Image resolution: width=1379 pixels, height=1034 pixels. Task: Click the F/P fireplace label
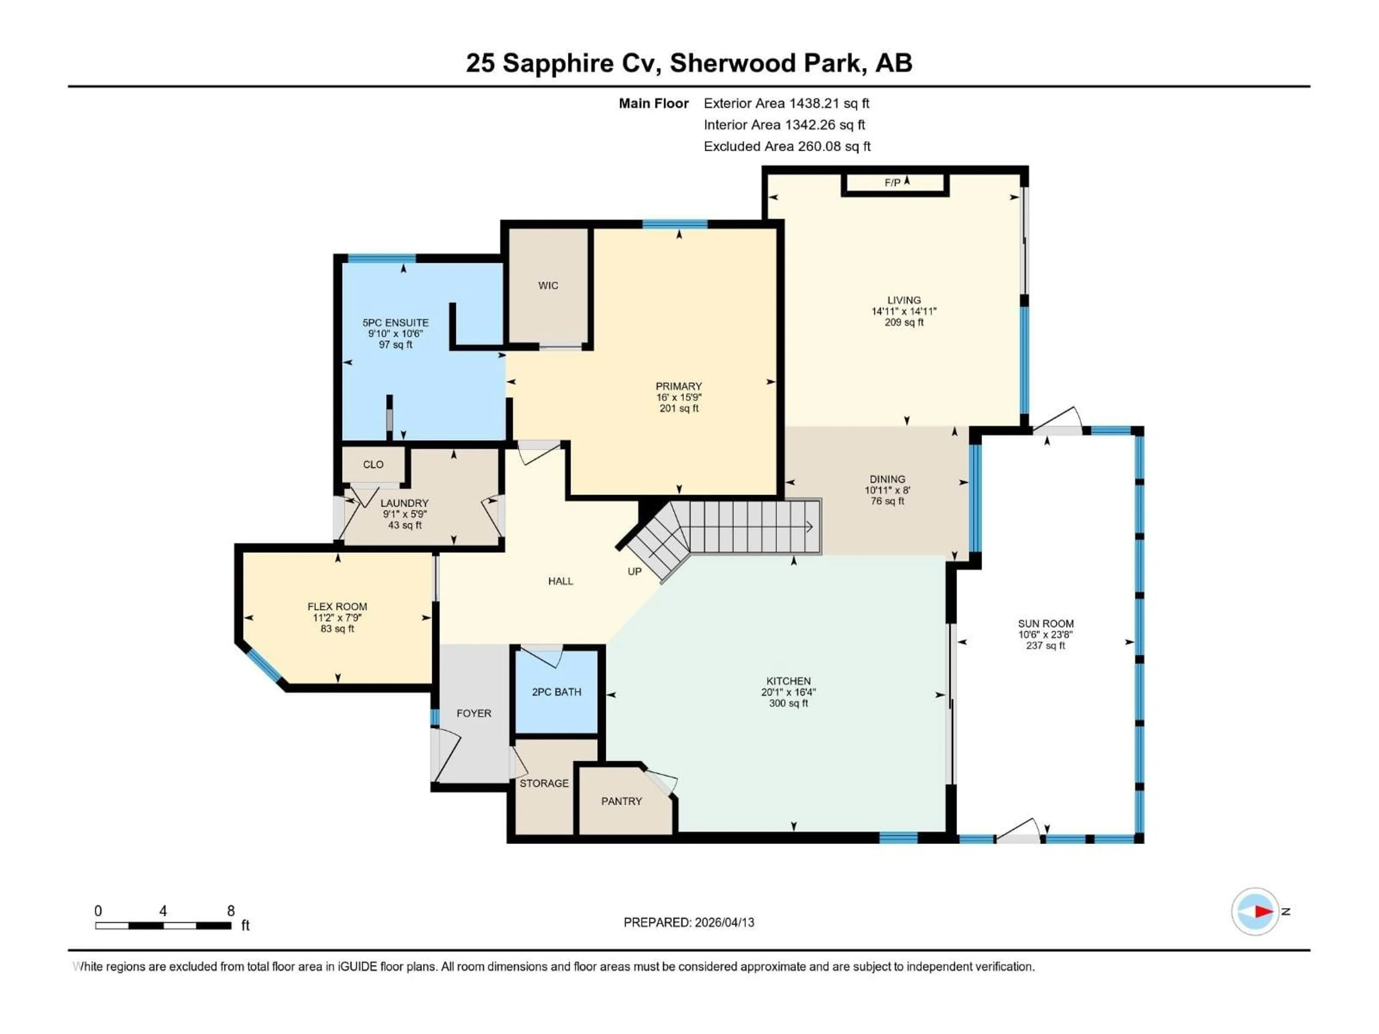(892, 183)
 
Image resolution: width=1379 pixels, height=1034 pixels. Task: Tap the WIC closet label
(548, 285)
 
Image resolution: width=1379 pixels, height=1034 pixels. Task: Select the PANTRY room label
(621, 801)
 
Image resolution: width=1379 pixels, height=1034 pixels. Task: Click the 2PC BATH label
(556, 692)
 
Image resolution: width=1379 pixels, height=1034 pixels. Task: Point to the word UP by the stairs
(634, 572)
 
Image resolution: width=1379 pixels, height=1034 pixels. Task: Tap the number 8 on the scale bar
(231, 910)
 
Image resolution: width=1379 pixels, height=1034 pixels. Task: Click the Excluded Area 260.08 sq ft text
(787, 146)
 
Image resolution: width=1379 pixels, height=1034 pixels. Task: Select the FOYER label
(473, 713)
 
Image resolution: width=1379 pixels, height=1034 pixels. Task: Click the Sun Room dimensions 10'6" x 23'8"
(1045, 634)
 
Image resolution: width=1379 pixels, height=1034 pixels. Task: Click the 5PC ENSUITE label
(395, 323)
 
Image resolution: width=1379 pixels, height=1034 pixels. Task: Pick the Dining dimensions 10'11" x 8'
(887, 490)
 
